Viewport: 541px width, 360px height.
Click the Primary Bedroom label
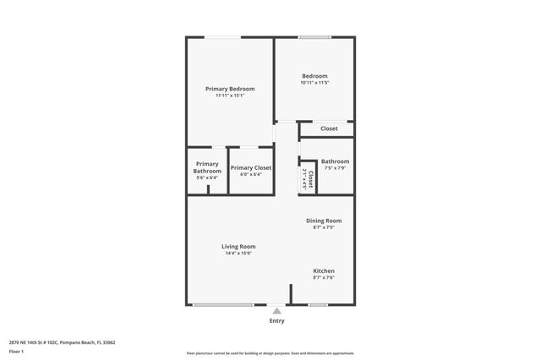[230, 89]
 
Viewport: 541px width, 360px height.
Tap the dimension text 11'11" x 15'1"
[230, 95]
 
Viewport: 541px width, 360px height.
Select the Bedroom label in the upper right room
[314, 75]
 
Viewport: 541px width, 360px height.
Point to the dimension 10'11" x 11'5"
[314, 82]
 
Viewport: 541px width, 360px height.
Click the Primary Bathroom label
[207, 167]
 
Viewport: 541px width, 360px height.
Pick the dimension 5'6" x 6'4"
[207, 177]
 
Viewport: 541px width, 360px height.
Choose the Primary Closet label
[251, 168]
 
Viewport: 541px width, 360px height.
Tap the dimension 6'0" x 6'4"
[251, 175]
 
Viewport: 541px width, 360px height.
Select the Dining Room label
[324, 221]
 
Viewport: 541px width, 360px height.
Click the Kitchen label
[324, 271]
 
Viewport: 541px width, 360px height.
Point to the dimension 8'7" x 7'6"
[324, 278]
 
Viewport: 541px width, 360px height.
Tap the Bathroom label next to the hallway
[335, 161]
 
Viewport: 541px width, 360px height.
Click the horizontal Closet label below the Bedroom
[329, 128]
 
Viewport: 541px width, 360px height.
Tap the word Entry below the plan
[276, 321]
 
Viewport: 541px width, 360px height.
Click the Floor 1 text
[16, 351]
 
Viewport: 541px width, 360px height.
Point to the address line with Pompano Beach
[62, 342]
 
